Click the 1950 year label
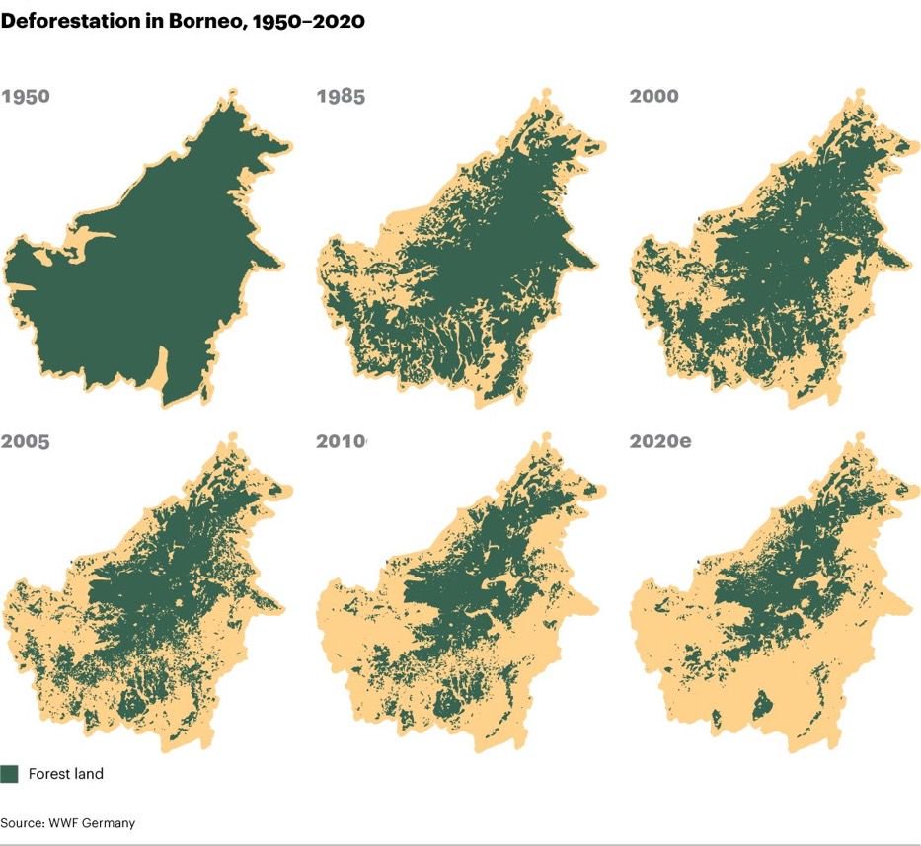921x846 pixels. pos(27,97)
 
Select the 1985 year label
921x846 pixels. pos(341,97)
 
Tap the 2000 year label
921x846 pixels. pos(654,97)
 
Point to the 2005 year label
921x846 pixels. pos(27,441)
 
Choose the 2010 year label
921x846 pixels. pos(341,441)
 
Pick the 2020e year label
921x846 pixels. pos(660,441)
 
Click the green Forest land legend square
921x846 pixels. pos(10,774)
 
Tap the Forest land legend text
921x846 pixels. pos(65,774)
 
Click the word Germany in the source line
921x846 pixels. pos(108,822)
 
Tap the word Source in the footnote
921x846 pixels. pos(22,822)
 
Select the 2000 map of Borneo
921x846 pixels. pos(770,257)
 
